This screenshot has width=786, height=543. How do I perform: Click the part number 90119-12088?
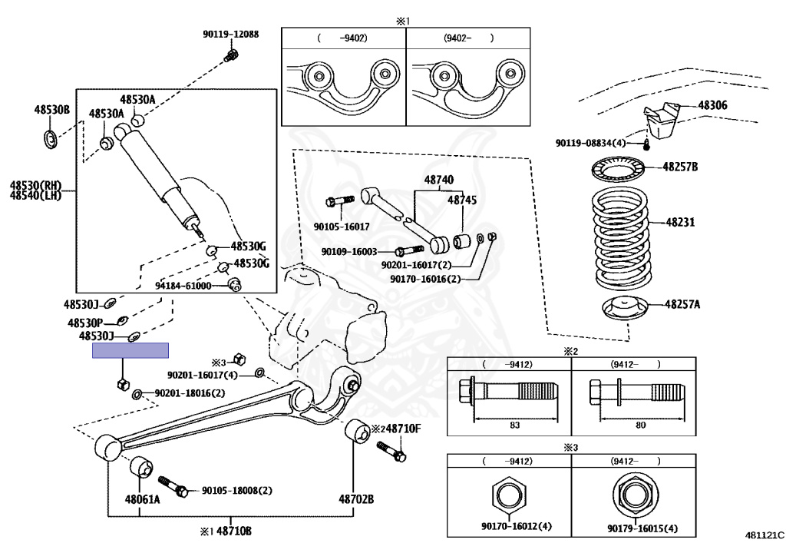(230, 34)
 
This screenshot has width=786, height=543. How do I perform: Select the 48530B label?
(51, 110)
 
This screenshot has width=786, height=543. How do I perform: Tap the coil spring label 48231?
(679, 223)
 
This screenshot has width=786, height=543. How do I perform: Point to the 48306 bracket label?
(712, 105)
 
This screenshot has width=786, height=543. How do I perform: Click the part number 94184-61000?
(183, 286)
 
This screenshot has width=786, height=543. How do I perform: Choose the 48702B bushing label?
(357, 499)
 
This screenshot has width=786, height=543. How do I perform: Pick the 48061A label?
(143, 499)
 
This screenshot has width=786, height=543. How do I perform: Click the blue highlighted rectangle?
(130, 351)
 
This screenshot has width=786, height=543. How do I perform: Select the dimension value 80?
(641, 425)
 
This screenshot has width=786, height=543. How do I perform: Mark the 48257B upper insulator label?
(681, 167)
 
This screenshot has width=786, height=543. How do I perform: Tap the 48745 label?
(462, 200)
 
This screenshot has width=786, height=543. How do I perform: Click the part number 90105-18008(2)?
(236, 490)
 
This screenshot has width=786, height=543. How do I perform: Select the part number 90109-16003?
(349, 251)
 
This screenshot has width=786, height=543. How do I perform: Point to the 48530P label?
(86, 323)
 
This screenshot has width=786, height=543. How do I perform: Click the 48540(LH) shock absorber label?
(35, 195)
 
